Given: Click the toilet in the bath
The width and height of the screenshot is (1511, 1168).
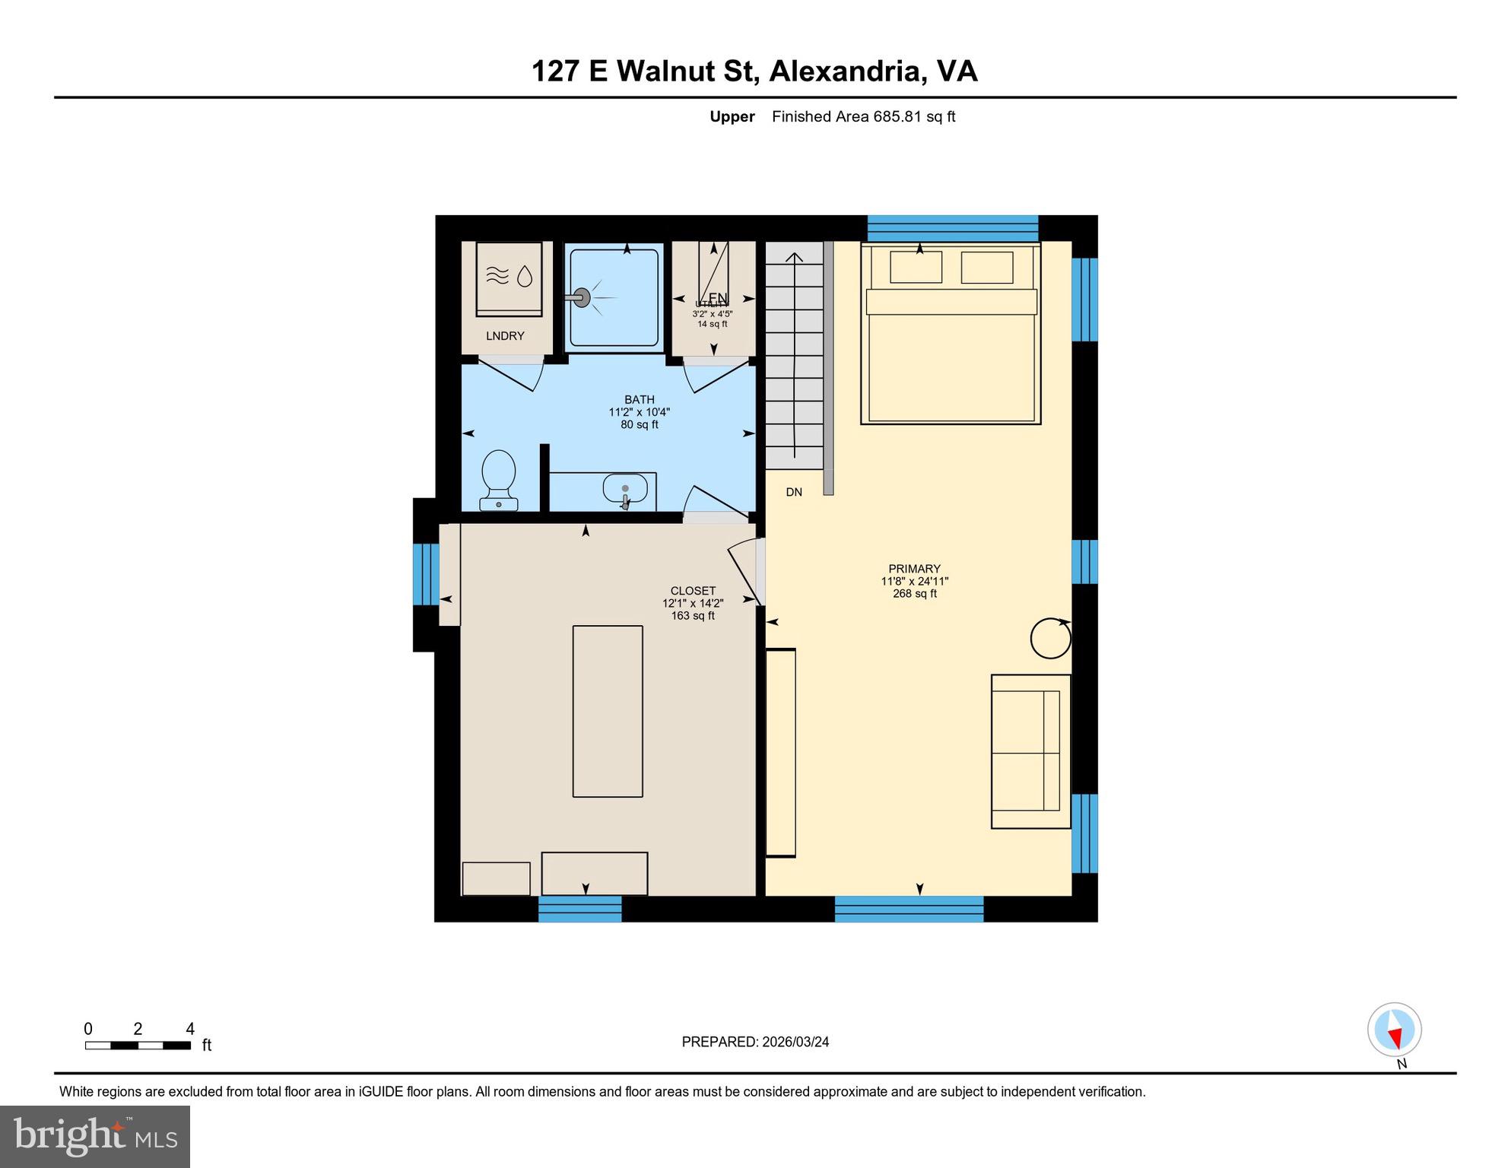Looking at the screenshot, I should (x=499, y=479).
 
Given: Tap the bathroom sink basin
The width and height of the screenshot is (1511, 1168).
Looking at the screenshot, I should (x=625, y=489).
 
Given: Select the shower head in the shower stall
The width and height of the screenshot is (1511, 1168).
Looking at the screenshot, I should (x=582, y=297).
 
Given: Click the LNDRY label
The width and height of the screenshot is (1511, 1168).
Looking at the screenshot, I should (x=505, y=336).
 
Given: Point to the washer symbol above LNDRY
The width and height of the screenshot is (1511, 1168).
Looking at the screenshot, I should (x=509, y=278).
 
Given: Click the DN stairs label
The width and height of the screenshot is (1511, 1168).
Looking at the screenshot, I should (x=794, y=492).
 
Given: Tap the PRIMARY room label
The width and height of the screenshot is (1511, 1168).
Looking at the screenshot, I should (x=914, y=569).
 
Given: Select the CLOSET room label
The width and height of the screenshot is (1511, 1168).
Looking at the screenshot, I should (x=693, y=591).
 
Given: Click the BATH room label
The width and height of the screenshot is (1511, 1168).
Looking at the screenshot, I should (x=639, y=400).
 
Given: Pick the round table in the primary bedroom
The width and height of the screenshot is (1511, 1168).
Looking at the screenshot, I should (x=1050, y=638).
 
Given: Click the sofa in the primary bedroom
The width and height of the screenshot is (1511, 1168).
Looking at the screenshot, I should (x=1030, y=751).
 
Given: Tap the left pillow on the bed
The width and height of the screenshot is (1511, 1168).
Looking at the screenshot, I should (x=916, y=268).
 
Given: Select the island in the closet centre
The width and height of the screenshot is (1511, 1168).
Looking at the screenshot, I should (x=608, y=711).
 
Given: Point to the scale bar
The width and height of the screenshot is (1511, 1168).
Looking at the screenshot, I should (x=138, y=1046).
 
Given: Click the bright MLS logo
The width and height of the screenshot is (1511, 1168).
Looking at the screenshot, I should (x=95, y=1137).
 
